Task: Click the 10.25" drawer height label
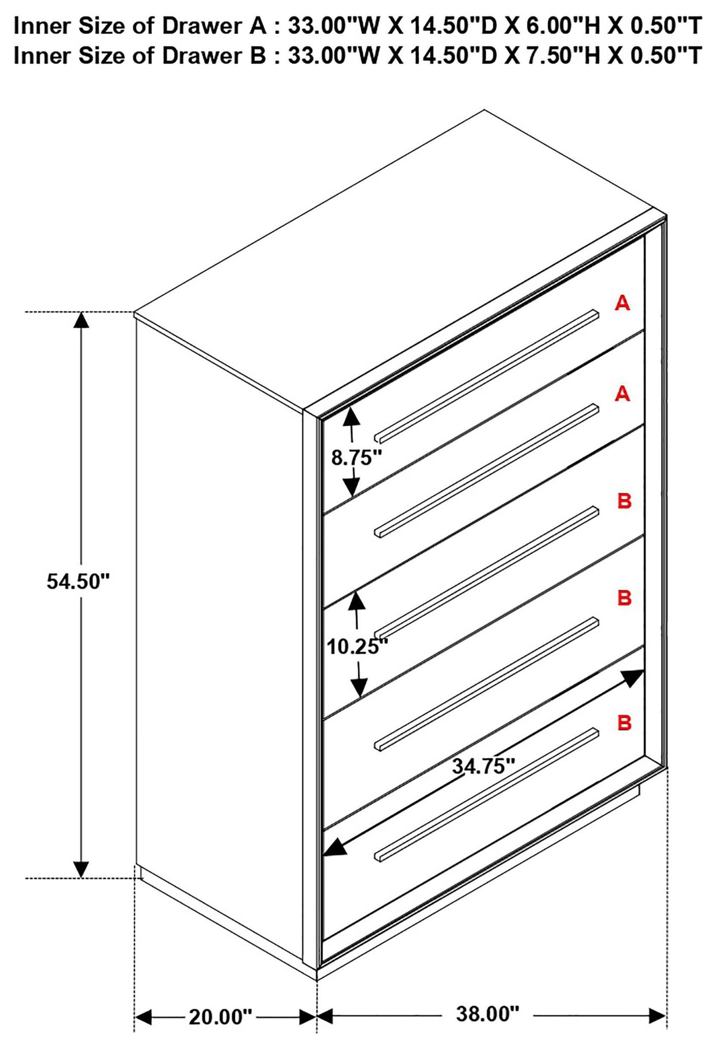click(x=357, y=647)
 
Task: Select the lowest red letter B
click(x=624, y=722)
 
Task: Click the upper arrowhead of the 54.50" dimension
click(x=81, y=320)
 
